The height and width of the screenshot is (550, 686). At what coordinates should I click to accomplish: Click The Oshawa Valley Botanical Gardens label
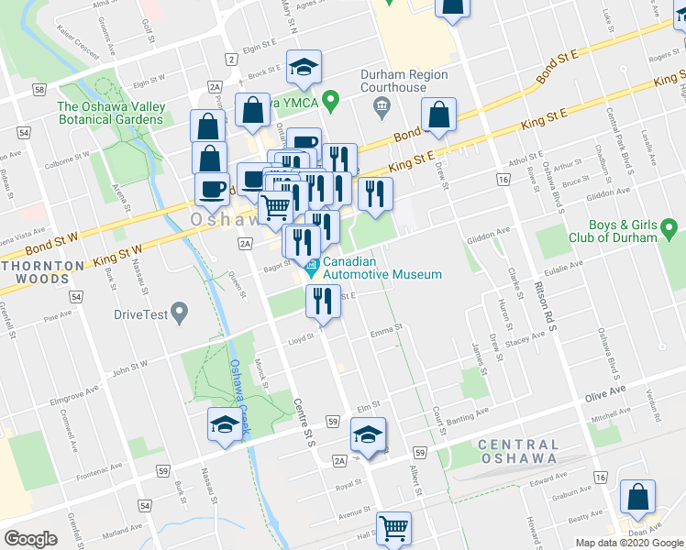click(111, 114)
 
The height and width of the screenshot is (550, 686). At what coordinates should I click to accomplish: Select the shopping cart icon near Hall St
click(393, 527)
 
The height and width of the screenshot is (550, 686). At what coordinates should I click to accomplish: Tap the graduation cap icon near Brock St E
click(304, 66)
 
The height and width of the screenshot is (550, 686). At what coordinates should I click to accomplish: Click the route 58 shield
click(38, 89)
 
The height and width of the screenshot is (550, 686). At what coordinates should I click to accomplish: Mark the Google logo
click(30, 538)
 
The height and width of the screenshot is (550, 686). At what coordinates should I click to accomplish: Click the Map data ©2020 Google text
click(628, 543)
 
